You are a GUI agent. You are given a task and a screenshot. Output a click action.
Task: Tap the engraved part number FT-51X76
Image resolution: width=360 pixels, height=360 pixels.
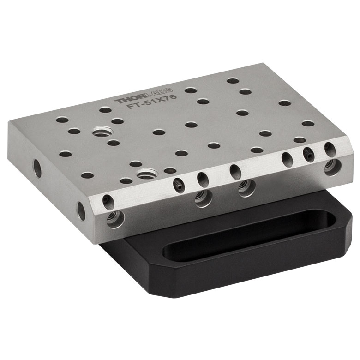[152, 102]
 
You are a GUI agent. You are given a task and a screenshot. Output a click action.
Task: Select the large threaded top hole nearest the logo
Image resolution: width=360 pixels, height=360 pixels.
[102, 132]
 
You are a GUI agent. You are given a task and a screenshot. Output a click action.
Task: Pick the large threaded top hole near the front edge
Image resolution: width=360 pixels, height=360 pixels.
[147, 174]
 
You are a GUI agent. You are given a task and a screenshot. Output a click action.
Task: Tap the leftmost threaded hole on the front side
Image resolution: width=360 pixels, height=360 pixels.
[116, 219]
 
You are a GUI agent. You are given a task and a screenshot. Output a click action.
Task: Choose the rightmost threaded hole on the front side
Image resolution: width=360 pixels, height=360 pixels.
[332, 167]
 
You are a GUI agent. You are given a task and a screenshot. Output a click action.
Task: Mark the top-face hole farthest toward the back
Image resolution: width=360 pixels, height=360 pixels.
[233, 81]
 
